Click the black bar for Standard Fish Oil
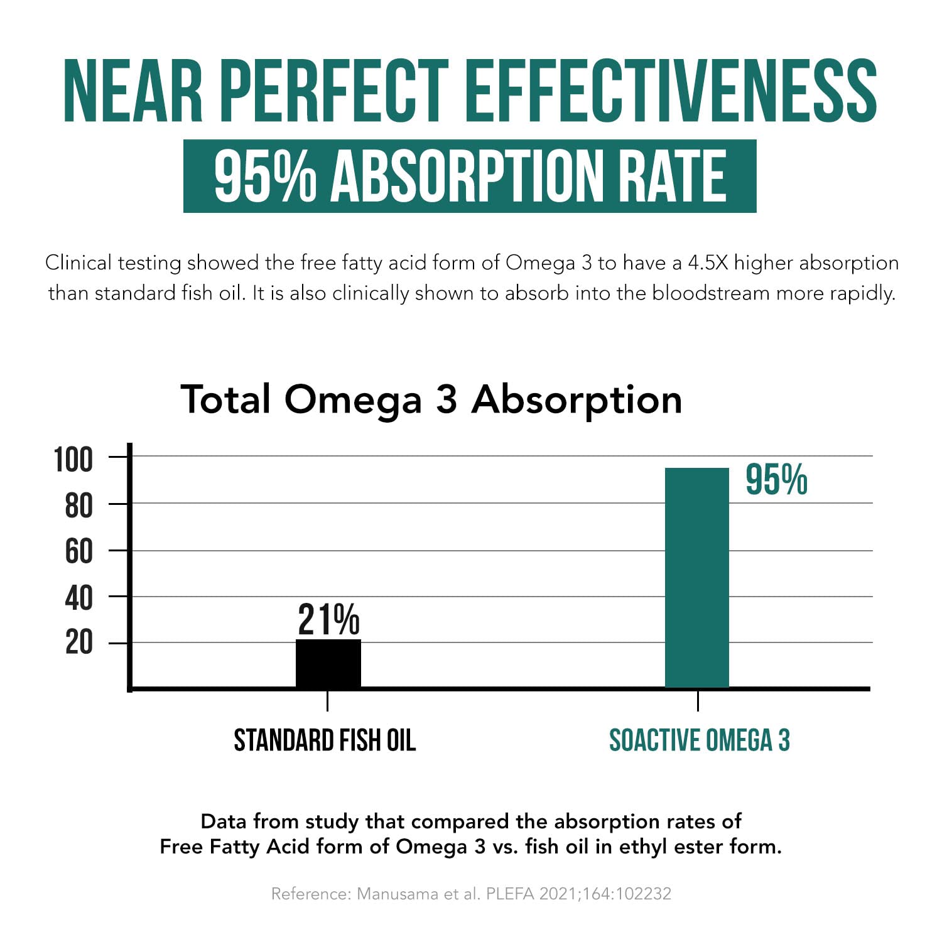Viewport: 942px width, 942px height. [x=328, y=663]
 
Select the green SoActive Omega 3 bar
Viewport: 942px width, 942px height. [x=697, y=578]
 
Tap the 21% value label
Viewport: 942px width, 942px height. [x=328, y=620]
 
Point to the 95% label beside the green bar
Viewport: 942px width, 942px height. [x=776, y=480]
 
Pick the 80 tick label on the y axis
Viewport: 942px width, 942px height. [x=78, y=506]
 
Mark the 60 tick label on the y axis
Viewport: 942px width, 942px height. [x=78, y=552]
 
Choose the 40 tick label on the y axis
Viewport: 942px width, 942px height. [x=78, y=598]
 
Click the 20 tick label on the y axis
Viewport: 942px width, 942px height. [x=78, y=643]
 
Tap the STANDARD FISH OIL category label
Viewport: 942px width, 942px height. [x=325, y=740]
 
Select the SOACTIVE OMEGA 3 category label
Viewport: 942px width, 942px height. [x=699, y=740]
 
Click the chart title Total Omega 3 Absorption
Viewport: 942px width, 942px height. [x=431, y=399]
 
